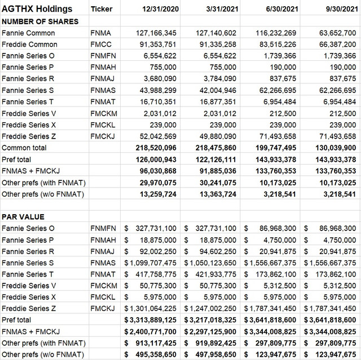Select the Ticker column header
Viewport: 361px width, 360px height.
[102, 9]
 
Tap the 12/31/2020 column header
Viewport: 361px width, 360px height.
[159, 9]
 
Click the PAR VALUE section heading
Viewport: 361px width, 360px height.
[23, 216]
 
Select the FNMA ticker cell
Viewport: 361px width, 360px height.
[101, 33]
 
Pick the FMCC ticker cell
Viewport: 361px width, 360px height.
[102, 45]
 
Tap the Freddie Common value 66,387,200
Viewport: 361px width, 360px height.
[335, 45]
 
